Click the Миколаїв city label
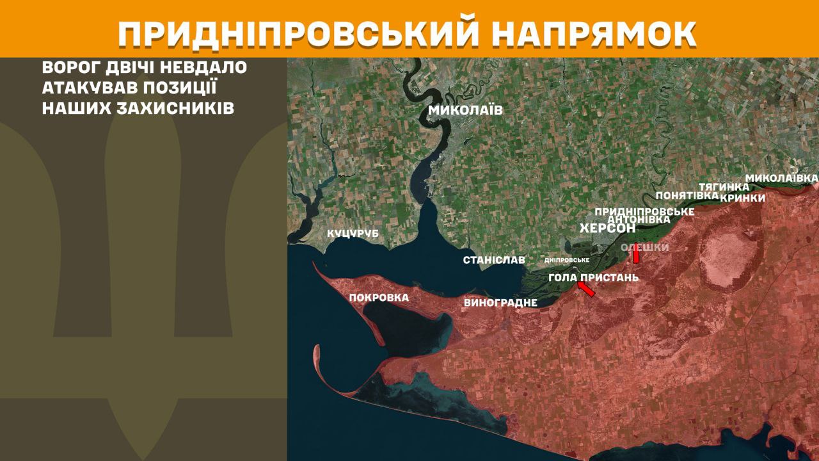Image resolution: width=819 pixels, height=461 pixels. pyautogui.click(x=465, y=110)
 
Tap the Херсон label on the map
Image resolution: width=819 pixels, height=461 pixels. pyautogui.click(x=607, y=229)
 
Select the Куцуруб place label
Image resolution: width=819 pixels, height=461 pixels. pyautogui.click(x=353, y=234)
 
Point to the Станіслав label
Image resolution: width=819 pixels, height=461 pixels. pyautogui.click(x=494, y=260)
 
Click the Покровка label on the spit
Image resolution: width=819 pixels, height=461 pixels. pyautogui.click(x=379, y=298)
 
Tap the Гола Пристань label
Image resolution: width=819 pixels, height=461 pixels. pyautogui.click(x=594, y=277)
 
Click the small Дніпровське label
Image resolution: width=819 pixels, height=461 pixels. pyautogui.click(x=566, y=261)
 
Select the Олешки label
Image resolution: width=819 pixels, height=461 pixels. pyautogui.click(x=645, y=247)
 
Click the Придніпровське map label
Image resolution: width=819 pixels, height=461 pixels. pyautogui.click(x=644, y=211)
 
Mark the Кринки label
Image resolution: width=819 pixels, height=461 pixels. pyautogui.click(x=742, y=198)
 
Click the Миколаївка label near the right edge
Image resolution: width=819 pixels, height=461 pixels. pyautogui.click(x=782, y=177)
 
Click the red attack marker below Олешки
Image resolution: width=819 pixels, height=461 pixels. pyautogui.click(x=636, y=255)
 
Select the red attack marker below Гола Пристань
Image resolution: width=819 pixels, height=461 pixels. pyautogui.click(x=586, y=289)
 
